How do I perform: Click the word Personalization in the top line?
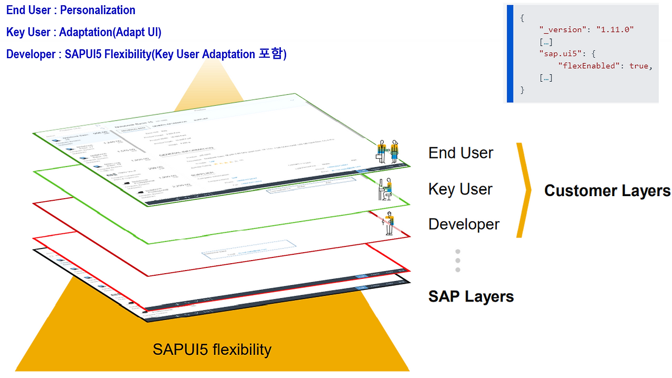pyautogui.click(x=98, y=10)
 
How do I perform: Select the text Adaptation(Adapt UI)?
pyautogui.click(x=110, y=32)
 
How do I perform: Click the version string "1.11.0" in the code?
pyautogui.click(x=615, y=30)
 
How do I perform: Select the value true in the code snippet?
pyautogui.click(x=639, y=66)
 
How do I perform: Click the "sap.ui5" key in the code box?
pyautogui.click(x=560, y=54)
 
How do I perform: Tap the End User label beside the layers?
pyautogui.click(x=461, y=153)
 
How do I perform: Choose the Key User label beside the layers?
pyautogui.click(x=460, y=189)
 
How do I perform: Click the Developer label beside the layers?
pyautogui.click(x=464, y=224)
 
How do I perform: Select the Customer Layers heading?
pyautogui.click(x=607, y=191)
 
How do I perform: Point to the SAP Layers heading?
pyautogui.click(x=471, y=296)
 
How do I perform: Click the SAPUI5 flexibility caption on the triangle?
pyautogui.click(x=212, y=349)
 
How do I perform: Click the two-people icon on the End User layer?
pyautogui.click(x=387, y=152)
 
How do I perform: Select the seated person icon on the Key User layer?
pyautogui.click(x=385, y=190)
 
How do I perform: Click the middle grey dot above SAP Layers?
pyautogui.click(x=458, y=260)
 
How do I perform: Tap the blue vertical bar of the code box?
pyautogui.click(x=510, y=54)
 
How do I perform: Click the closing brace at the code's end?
pyautogui.click(x=522, y=90)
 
